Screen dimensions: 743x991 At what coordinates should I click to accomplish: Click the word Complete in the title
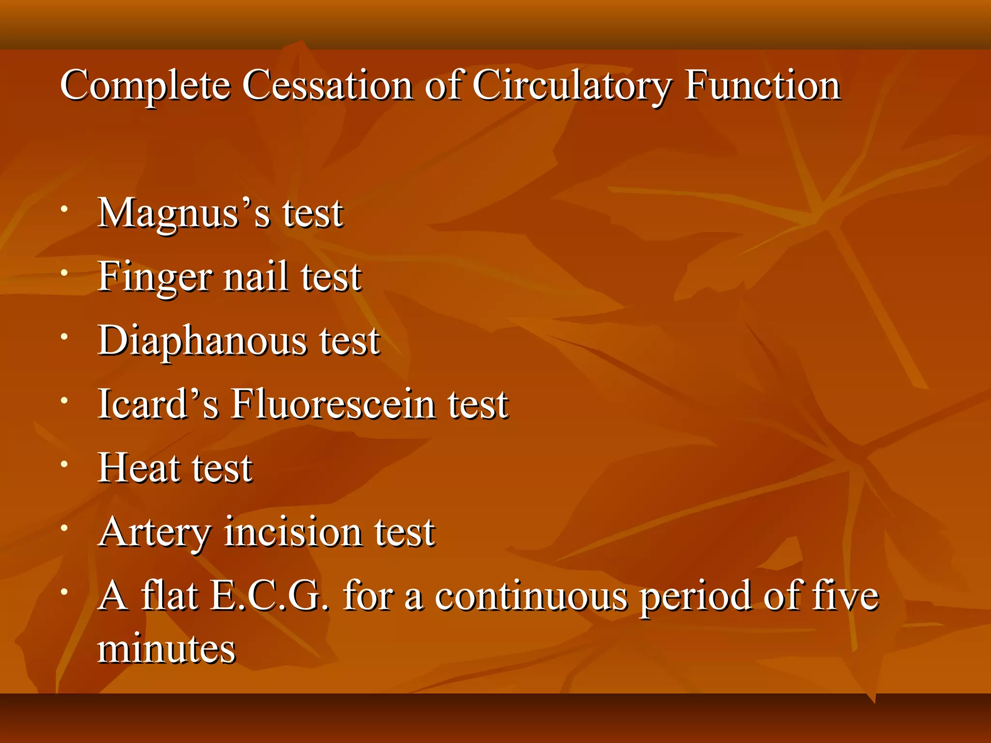tap(145, 86)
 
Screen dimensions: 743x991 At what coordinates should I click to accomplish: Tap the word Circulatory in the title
tap(571, 86)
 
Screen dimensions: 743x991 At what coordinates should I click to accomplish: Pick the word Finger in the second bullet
tap(154, 278)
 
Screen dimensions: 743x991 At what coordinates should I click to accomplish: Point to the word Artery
tap(154, 533)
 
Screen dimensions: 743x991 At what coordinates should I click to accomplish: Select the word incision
tap(293, 532)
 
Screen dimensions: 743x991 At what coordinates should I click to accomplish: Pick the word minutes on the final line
tap(166, 648)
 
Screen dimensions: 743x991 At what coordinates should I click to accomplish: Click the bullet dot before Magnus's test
tap(64, 209)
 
